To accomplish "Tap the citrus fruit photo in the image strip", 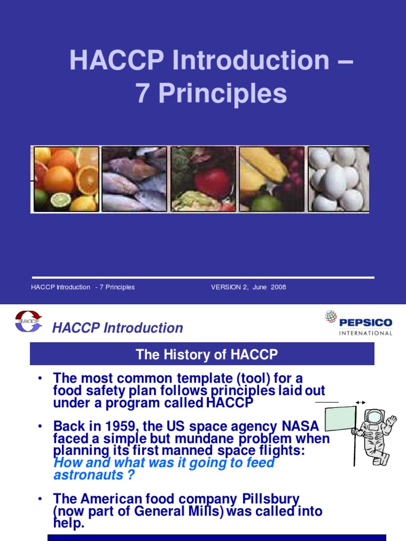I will click(x=66, y=179).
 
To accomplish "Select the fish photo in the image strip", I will click(x=134, y=179).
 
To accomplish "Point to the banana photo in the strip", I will click(x=271, y=179).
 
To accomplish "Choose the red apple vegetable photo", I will click(x=203, y=179).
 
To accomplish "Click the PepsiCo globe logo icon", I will click(x=330, y=318).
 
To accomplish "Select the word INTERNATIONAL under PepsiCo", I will click(x=366, y=333).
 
